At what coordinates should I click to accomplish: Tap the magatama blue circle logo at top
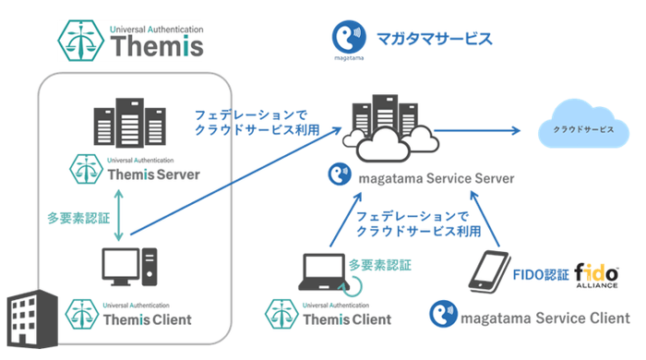coord(347,40)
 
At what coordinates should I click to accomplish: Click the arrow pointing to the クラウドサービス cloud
coord(489,130)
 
